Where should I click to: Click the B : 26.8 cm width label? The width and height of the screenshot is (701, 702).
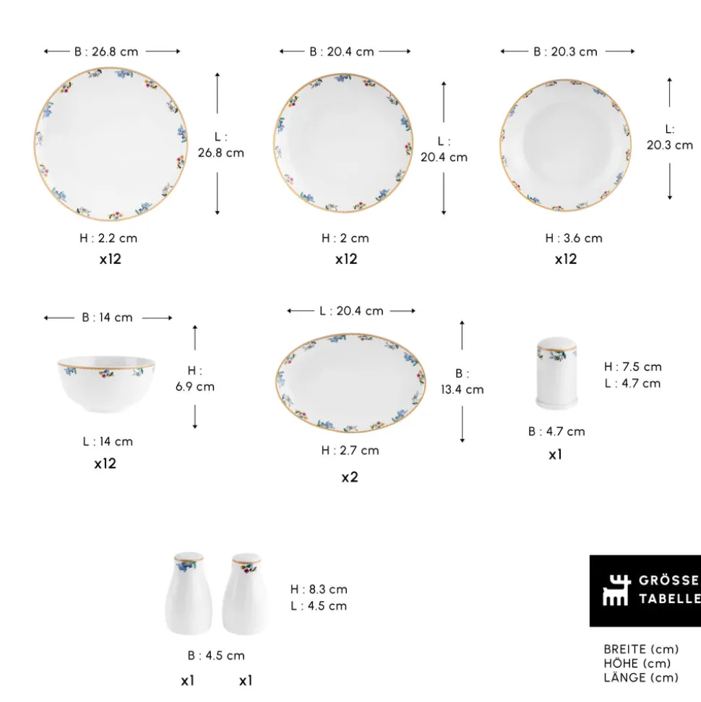coord(106,51)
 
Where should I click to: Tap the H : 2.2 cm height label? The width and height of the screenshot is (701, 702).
coord(108,238)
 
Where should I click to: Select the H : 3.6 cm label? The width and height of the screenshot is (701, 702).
coord(574,238)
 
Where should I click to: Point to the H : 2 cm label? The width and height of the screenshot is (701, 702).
coord(345,238)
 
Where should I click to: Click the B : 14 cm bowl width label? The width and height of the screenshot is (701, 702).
coord(107,317)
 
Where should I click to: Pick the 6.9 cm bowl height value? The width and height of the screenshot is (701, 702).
coord(194,386)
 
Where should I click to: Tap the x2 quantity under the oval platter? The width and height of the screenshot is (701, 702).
coord(350,477)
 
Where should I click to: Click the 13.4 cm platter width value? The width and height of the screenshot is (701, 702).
coord(462,390)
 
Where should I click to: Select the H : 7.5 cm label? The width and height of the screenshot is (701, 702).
coord(632,367)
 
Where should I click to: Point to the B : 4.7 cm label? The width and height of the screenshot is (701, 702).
coord(556,431)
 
